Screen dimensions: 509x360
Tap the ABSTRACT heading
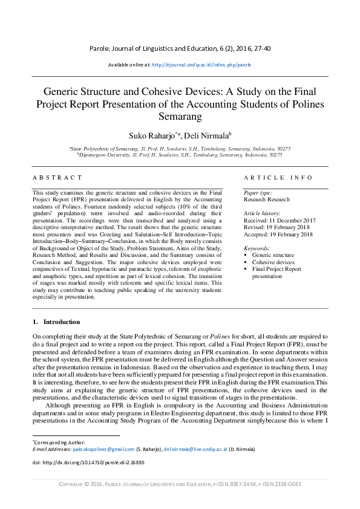tap(57, 178)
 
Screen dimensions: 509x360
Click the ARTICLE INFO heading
tap(278, 178)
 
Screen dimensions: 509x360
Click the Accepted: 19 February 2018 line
tap(278, 234)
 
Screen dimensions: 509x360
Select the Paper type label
tap(257, 192)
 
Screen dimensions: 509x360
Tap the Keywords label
tap(257, 248)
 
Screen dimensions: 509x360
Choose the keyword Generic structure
tap(273, 256)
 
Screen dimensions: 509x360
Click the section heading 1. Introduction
tap(56, 322)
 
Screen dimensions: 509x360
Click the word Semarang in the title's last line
tap(180, 115)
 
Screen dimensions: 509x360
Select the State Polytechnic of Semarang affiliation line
tap(180, 148)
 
